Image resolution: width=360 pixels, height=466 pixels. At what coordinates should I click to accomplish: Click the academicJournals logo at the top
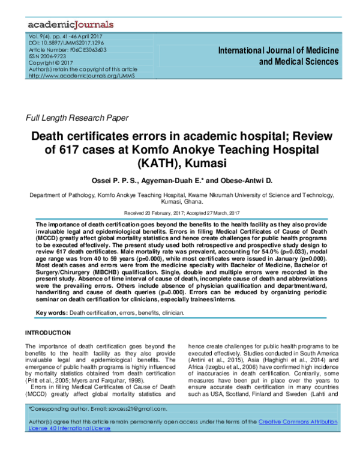[70, 25]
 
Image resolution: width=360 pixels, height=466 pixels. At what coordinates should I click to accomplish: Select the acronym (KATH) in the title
[144, 162]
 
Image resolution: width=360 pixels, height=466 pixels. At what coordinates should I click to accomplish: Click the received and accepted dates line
[180, 213]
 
